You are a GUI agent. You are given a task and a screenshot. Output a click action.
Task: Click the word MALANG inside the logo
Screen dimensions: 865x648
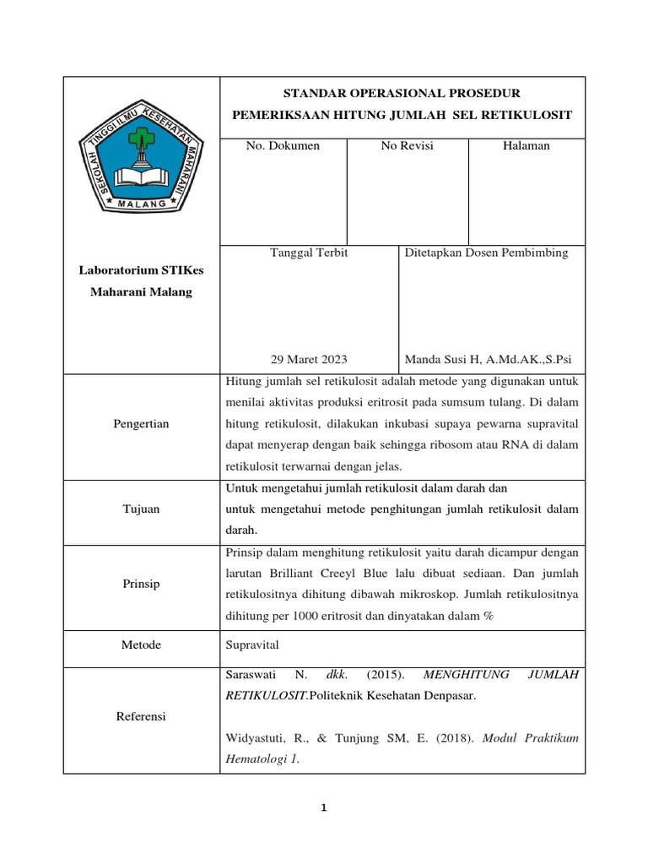(142, 204)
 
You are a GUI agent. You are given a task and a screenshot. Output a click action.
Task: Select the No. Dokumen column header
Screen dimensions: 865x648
(283, 146)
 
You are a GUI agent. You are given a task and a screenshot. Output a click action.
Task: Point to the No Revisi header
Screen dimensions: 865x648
(407, 146)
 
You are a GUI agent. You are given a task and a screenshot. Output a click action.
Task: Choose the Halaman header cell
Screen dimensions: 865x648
(526, 146)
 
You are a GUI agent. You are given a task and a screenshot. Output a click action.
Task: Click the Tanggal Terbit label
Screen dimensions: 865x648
(308, 253)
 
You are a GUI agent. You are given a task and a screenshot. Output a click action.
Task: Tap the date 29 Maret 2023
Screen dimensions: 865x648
(308, 358)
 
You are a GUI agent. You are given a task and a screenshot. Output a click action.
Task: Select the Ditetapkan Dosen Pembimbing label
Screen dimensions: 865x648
(487, 253)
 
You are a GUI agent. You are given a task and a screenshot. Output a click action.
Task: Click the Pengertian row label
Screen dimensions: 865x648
(141, 424)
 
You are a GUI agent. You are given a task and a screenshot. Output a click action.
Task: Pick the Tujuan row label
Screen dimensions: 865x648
(141, 509)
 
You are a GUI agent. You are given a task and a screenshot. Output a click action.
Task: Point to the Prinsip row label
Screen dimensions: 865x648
(141, 584)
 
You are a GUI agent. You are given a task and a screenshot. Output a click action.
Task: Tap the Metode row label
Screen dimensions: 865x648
(141, 645)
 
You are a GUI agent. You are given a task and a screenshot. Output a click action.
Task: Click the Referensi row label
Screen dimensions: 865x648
(141, 716)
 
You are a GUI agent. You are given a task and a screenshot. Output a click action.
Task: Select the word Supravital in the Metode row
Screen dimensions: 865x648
(252, 645)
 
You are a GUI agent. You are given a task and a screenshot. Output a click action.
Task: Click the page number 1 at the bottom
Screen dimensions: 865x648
(323, 808)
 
